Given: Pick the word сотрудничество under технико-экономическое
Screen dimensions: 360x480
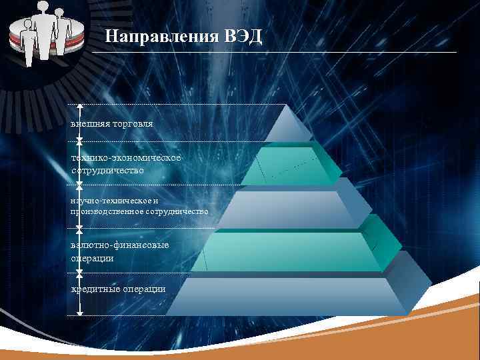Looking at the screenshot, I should click(x=108, y=171).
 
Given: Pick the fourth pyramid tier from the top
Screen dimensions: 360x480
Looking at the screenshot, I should click(x=287, y=251).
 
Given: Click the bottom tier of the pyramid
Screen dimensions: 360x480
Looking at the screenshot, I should click(x=287, y=295).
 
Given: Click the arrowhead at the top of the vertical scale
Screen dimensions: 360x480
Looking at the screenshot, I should click(x=79, y=107).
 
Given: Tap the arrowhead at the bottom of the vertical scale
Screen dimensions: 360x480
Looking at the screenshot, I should click(x=79, y=311).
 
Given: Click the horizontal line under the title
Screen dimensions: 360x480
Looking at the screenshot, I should click(x=280, y=52).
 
